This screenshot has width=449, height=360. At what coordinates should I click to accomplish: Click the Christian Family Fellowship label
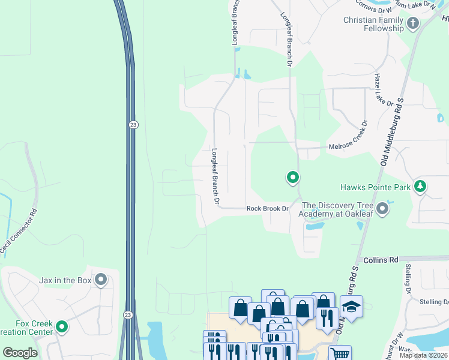[x=373, y=24]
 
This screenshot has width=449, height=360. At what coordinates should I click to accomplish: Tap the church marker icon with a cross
[x=412, y=24]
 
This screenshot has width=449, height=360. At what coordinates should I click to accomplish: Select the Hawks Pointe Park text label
[x=375, y=187]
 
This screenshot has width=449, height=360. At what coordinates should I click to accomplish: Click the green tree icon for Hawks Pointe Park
[x=420, y=187]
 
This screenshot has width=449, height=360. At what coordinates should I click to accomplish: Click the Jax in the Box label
[x=65, y=280]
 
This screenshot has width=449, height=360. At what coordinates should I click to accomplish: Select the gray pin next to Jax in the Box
[x=100, y=280]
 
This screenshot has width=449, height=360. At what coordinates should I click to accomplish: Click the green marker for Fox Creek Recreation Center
[x=62, y=327]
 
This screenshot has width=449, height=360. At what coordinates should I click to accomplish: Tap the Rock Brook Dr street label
[x=268, y=209]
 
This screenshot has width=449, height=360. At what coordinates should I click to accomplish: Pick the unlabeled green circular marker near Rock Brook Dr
[x=293, y=177]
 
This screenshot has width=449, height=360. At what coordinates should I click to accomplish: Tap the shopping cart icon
[x=340, y=353]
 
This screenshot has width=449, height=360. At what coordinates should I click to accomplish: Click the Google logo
[x=20, y=353]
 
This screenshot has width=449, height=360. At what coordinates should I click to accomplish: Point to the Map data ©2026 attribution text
[x=424, y=355]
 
